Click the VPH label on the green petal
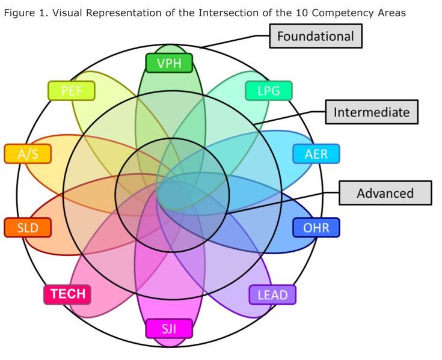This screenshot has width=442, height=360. click(x=169, y=63)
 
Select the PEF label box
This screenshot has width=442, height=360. click(x=71, y=91)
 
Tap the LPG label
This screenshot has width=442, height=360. click(x=269, y=91)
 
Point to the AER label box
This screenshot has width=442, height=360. click(x=316, y=154)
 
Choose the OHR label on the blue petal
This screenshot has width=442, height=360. click(x=316, y=228)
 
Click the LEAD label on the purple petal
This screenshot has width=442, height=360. click(x=272, y=294)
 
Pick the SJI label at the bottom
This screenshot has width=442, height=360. click(x=169, y=329)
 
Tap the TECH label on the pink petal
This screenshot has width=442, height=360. click(x=67, y=294)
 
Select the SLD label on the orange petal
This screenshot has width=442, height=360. click(x=28, y=228)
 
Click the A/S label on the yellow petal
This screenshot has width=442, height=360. click(x=28, y=154)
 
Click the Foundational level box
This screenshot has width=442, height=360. click(x=316, y=36)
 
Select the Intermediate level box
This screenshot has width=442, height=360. click(x=372, y=112)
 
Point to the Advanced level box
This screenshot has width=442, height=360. click(x=385, y=193)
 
